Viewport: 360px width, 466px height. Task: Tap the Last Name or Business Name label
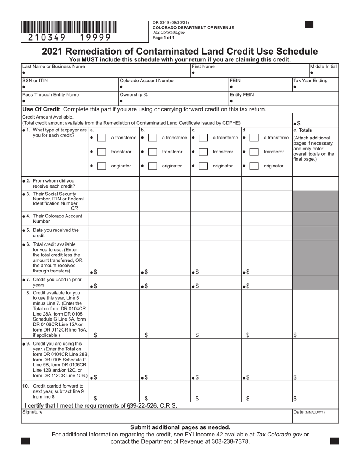tap(53, 67)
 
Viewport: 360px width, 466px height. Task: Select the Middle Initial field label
tap(323, 67)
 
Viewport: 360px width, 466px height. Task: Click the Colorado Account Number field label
tap(147, 81)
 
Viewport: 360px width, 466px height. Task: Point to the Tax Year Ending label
tap(310, 81)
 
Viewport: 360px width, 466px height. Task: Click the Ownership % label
tap(133, 95)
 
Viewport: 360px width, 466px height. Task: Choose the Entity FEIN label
tap(241, 95)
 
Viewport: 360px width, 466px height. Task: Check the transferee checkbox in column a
tap(102, 138)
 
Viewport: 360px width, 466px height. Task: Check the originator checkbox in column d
tap(255, 166)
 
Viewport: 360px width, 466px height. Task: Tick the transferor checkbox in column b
tap(152, 152)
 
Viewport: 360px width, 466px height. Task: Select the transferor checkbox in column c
tap(203, 152)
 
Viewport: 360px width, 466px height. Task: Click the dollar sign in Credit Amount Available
tap(299, 124)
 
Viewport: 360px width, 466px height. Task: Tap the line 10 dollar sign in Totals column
tap(295, 398)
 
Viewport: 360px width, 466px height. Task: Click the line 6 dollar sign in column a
tap(95, 272)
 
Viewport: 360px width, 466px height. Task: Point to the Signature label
tap(33, 412)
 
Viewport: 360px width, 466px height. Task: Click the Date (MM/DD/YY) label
tap(309, 412)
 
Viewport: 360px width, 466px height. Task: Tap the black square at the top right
tap(309, 25)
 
